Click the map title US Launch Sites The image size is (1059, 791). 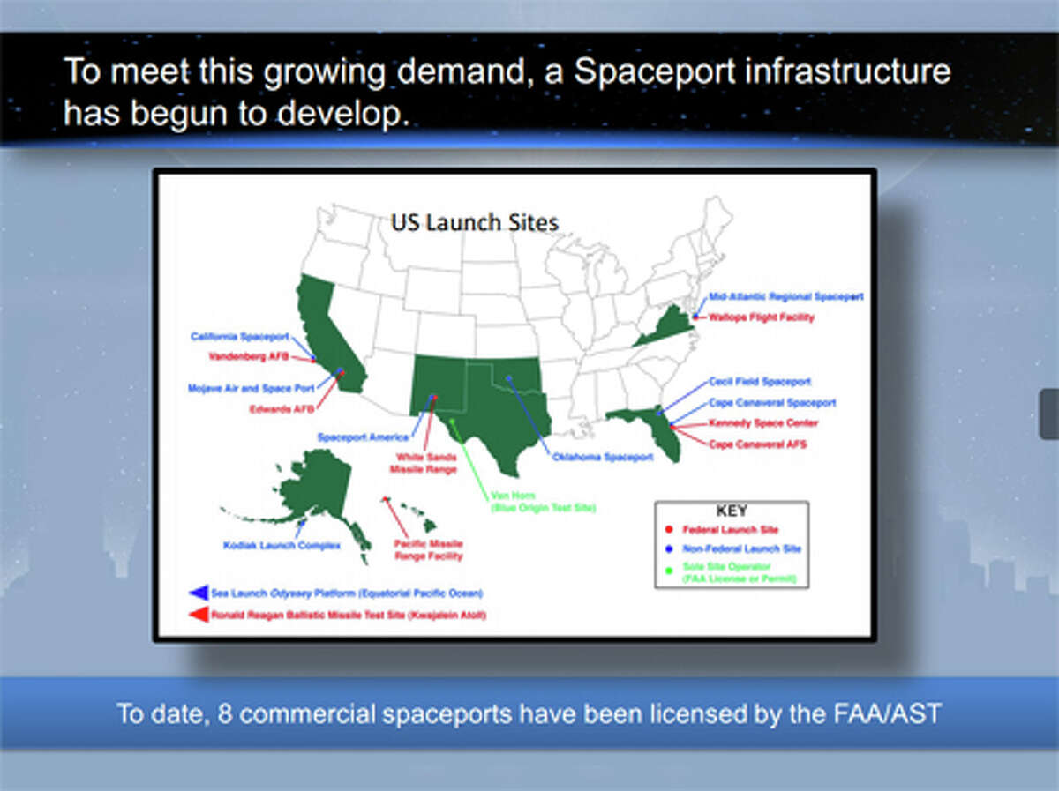coord(475,223)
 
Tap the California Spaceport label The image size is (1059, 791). coord(239,337)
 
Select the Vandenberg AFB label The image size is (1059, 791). coord(249,357)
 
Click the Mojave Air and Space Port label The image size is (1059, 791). coord(244,387)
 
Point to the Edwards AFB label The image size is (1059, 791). coord(282,409)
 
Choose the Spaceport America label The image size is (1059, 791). coord(363,437)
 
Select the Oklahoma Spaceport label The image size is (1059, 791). coord(603,457)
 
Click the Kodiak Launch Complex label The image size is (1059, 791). coord(282,546)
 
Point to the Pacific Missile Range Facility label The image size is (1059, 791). coord(428,550)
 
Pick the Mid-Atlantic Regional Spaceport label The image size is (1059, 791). coord(786,297)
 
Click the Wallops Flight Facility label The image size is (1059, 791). coord(762,317)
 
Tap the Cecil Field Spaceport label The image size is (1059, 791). coord(760,382)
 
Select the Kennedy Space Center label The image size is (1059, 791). coord(763,423)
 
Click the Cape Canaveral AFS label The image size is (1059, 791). coord(757,444)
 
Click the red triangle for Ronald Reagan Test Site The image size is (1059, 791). coord(198,615)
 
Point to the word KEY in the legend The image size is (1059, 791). coord(731,511)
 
